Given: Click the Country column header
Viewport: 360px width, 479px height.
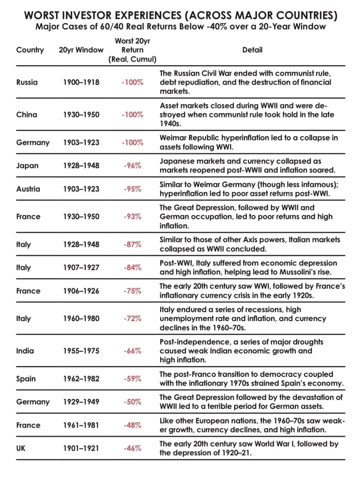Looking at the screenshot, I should pos(30,50).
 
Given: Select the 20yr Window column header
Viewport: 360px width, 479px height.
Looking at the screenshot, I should pos(81,50).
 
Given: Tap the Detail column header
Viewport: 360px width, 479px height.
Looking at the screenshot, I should pos(252,50).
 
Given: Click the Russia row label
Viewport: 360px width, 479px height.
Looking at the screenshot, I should pos(27,83).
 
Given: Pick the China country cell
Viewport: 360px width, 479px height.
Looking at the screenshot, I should pos(27,115).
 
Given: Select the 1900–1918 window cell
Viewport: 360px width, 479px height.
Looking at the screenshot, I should pos(81,83).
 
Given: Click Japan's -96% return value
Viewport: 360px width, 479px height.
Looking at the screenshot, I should pos(132,166).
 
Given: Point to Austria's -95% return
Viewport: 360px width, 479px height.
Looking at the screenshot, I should pos(132,189).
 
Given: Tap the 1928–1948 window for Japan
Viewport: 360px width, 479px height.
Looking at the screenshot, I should pos(81,166).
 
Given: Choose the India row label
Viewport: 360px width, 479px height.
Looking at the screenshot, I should pos(25,351).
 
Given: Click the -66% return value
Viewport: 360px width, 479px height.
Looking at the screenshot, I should pos(132,351).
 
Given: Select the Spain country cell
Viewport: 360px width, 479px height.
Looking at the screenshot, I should pos(26,379).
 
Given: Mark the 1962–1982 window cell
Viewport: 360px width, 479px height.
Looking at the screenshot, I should pos(81,379).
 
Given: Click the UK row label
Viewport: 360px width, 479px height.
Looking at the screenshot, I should pos(21,448).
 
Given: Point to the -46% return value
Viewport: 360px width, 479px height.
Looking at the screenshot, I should pos(132,448).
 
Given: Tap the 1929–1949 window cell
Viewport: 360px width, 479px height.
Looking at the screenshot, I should pos(81,402).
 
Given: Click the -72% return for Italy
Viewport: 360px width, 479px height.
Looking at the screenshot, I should pos(132,319).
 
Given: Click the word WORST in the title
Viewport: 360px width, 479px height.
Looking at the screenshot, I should pos(42,16).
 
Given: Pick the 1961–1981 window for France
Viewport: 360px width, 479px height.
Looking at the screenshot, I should pos(81,425).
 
